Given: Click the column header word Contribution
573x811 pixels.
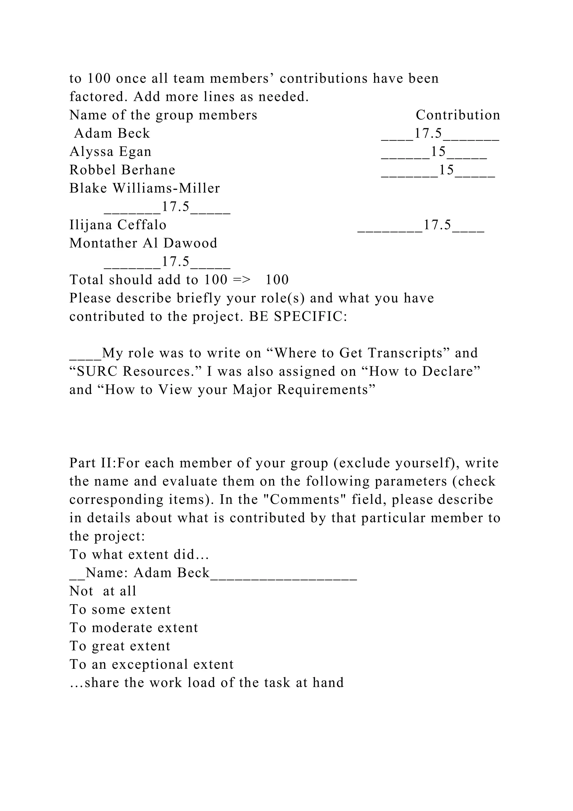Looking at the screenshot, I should pos(458,115).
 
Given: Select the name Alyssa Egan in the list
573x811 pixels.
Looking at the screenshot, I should pos(111,152).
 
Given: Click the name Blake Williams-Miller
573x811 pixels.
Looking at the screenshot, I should pos(144,188).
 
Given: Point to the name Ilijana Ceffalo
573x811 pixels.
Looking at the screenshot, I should pos(118,225).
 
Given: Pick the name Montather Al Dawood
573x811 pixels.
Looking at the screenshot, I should pos(143,243).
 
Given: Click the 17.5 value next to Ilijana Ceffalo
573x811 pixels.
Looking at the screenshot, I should pos(437,225).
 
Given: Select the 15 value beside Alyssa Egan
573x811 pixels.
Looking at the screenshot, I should pos(439,152).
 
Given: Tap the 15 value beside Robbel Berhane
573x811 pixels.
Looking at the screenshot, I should pos(446,170).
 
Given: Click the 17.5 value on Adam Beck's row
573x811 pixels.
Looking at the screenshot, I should pos(428,134).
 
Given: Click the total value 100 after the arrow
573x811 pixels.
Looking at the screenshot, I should pos(277,280).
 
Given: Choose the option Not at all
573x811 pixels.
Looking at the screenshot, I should pos(103,591).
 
